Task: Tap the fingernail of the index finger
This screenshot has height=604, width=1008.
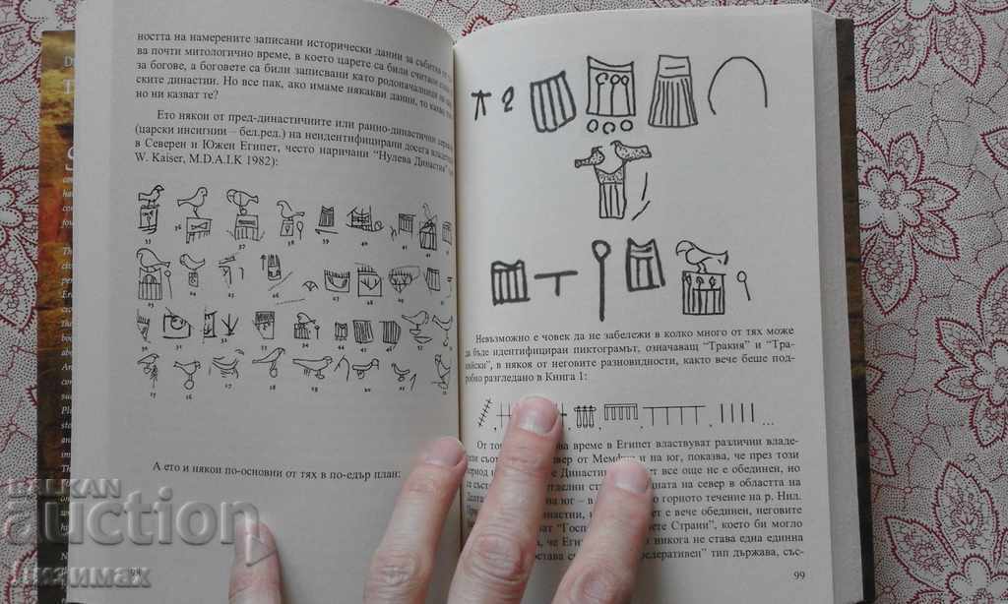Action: point(537,416)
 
